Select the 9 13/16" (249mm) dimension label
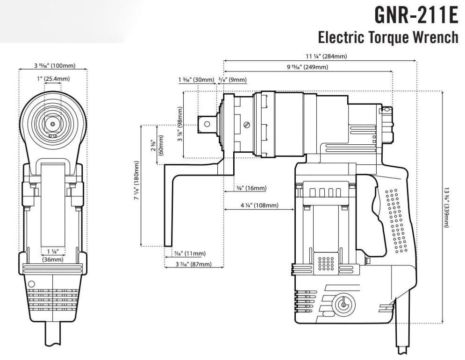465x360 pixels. tap(307, 67)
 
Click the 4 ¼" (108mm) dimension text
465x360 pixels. tap(259, 205)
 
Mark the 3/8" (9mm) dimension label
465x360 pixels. tap(232, 80)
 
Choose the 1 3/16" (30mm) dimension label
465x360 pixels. tap(196, 80)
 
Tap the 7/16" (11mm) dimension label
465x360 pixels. tap(189, 254)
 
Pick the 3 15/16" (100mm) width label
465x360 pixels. tap(52, 66)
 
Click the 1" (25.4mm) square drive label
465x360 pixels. tap(53, 78)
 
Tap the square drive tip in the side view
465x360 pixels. tap(206, 124)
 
